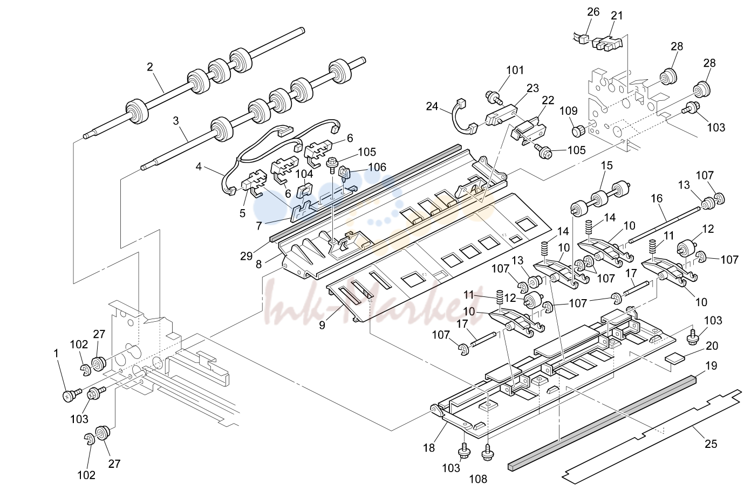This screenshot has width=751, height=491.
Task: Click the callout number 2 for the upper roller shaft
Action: pos(149,67)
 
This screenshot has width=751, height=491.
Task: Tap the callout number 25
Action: pos(711,444)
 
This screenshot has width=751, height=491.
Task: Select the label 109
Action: pos(569,111)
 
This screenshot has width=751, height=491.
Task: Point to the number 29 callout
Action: pos(247,256)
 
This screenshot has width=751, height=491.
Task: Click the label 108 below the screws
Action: pos(478,479)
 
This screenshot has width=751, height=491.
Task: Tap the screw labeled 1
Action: pos(71,395)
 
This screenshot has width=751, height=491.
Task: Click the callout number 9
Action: pos(322,325)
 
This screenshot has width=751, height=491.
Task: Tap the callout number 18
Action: pos(429,448)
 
